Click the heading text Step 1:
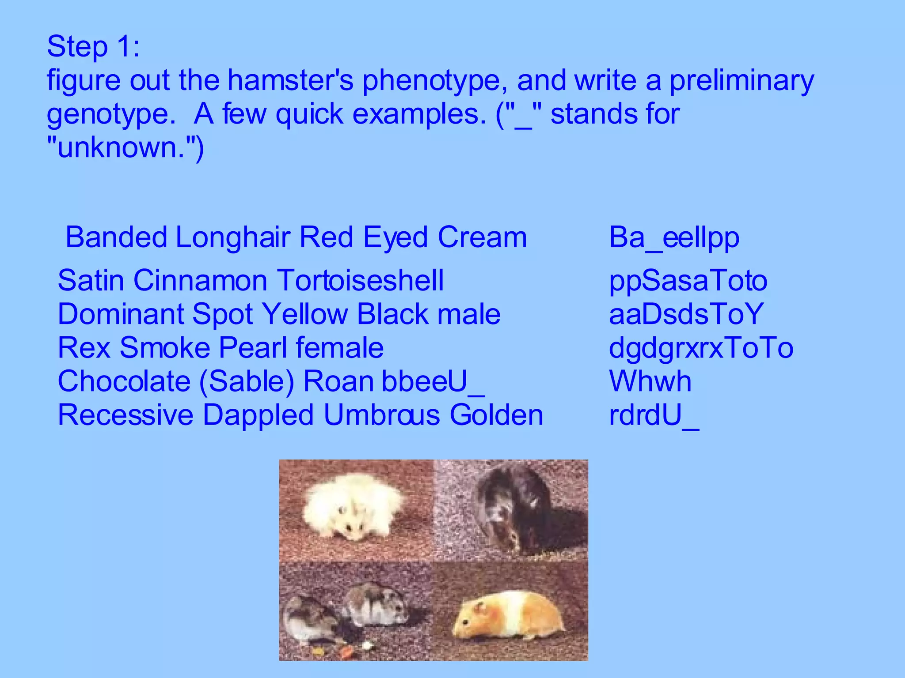click(x=93, y=47)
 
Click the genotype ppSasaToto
click(x=688, y=281)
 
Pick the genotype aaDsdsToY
click(x=686, y=314)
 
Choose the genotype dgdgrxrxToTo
click(x=701, y=348)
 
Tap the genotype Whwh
click(x=650, y=381)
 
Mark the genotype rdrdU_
click(x=654, y=415)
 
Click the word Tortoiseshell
click(x=360, y=281)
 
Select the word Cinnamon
click(x=201, y=281)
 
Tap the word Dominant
click(x=121, y=314)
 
